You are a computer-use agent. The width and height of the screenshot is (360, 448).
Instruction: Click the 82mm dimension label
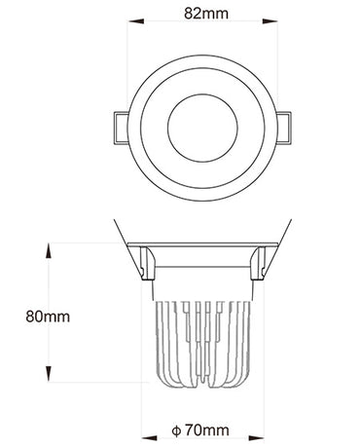(x=206, y=14)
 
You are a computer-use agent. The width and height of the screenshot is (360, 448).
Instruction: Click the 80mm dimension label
(x=48, y=317)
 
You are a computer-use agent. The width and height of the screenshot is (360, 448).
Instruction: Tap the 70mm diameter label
(x=207, y=430)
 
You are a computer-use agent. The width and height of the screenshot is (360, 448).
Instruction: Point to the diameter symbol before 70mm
(x=176, y=431)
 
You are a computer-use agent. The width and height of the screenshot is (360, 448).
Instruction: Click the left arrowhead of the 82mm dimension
(x=136, y=21)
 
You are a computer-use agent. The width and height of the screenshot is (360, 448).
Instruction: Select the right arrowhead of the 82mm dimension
(x=270, y=21)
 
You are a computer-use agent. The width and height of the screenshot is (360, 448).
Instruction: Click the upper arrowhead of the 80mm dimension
(x=49, y=250)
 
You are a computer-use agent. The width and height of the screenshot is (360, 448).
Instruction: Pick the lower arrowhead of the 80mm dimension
(x=49, y=374)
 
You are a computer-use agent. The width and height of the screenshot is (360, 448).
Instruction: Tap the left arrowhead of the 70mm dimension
(x=149, y=438)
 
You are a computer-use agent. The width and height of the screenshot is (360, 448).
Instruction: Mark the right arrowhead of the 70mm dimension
(x=257, y=438)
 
